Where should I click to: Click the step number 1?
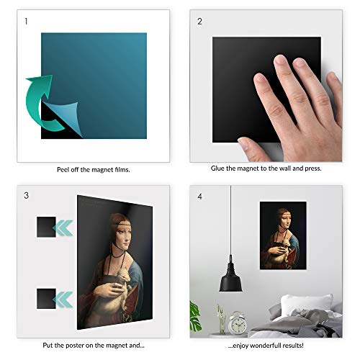(x=27, y=22)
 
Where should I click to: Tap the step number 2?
(x=200, y=22)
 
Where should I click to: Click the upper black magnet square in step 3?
(x=46, y=228)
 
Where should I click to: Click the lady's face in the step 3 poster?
(x=122, y=228)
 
